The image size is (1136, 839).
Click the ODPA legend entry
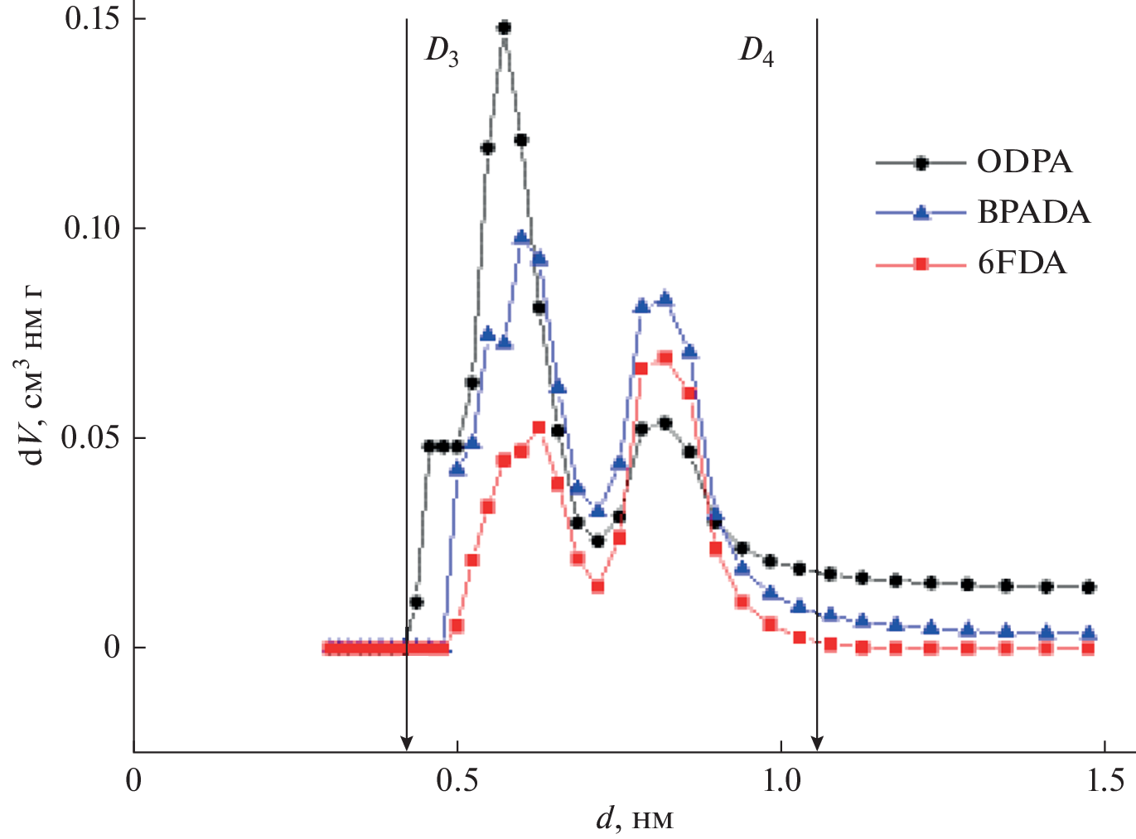click(x=1024, y=162)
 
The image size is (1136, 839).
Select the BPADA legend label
click(x=1033, y=213)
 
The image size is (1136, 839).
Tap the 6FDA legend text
click(x=1022, y=263)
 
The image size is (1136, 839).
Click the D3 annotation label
click(x=442, y=51)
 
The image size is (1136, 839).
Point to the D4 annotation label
click(x=757, y=51)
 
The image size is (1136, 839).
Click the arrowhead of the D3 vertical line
click(x=406, y=743)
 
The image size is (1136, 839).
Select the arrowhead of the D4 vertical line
click(x=818, y=743)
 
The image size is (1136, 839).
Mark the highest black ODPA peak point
click(x=504, y=27)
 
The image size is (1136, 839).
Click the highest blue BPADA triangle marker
click(x=521, y=237)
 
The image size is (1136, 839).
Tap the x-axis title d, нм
click(x=634, y=819)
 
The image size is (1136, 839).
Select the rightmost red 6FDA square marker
click(x=1089, y=649)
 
